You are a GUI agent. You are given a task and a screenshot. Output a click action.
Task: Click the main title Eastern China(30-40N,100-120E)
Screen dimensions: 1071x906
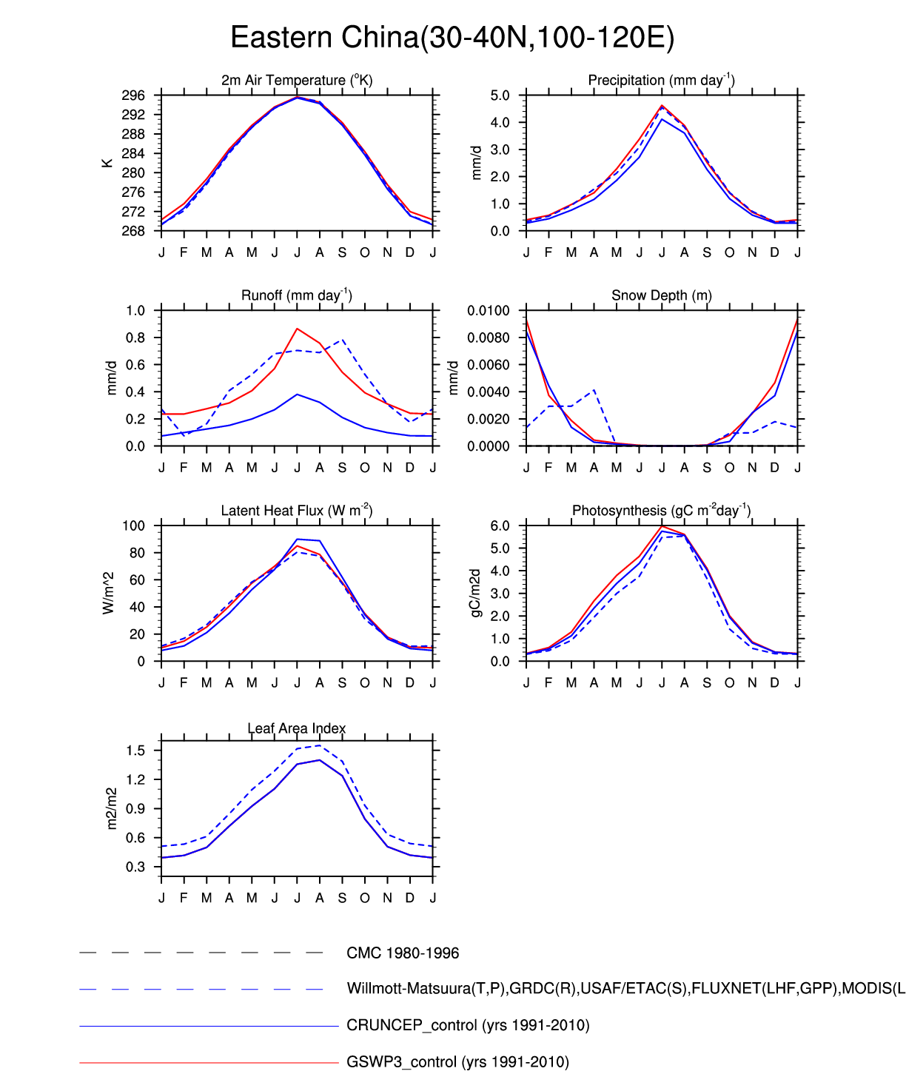(x=452, y=38)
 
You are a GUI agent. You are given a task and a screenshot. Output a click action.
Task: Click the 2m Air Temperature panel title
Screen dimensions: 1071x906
(x=296, y=80)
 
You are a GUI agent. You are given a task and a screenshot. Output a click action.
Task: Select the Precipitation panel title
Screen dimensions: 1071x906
(x=661, y=80)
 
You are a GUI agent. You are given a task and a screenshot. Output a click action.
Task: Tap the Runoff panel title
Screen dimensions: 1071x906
(x=296, y=295)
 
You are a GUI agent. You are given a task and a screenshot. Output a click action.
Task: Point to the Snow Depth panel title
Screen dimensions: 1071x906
(x=661, y=295)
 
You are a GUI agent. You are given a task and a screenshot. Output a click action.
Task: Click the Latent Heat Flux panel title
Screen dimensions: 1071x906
(x=296, y=511)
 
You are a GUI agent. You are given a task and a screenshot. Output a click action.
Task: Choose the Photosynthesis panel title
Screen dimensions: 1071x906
(x=661, y=511)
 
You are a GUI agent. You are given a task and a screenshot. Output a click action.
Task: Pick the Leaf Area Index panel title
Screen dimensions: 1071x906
(x=296, y=728)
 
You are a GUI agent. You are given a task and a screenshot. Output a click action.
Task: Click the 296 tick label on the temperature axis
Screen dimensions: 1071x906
(x=133, y=95)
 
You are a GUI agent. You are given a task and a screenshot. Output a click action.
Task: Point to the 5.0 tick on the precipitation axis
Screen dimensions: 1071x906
(x=500, y=95)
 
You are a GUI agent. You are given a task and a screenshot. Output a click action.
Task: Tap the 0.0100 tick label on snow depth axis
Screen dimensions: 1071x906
(x=489, y=311)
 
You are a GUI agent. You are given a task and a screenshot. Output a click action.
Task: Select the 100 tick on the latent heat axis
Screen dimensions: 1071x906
(x=134, y=526)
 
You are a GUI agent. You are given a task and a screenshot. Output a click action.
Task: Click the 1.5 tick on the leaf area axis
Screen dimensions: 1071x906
(x=135, y=751)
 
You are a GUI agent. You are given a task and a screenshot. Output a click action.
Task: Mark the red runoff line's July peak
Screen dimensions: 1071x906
(x=297, y=329)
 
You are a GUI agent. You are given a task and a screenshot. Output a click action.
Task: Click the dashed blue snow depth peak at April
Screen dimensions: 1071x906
(x=594, y=390)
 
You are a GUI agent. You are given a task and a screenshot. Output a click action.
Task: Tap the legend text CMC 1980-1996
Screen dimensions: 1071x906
(x=403, y=953)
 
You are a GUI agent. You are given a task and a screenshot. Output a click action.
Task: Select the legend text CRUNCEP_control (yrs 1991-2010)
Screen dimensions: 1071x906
(x=468, y=1026)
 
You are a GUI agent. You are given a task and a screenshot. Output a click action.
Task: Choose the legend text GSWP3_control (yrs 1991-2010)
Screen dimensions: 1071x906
(x=457, y=1062)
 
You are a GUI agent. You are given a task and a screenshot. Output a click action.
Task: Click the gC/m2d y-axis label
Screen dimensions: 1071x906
(x=476, y=594)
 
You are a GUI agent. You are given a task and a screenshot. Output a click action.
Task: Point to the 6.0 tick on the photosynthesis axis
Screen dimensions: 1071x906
(x=500, y=526)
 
